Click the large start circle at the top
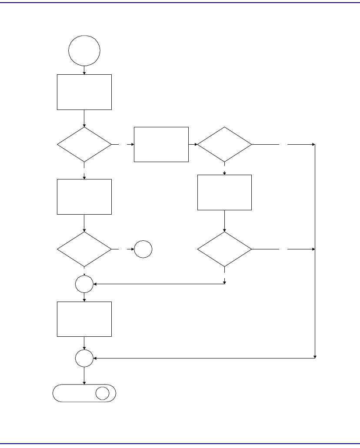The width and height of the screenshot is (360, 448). [84, 50]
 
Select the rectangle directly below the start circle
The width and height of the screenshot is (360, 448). [84, 92]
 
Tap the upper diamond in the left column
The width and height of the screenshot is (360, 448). [84, 144]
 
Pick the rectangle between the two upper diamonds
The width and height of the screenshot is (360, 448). [161, 144]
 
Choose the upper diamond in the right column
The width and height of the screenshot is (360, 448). [224, 144]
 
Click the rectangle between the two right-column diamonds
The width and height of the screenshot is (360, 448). [224, 192]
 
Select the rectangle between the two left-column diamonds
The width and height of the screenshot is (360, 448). [84, 196]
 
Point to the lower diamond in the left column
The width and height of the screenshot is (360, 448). [84, 249]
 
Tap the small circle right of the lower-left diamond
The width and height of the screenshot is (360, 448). [143, 249]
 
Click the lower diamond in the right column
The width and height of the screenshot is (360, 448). [224, 249]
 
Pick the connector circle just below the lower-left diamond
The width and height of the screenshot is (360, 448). [84, 284]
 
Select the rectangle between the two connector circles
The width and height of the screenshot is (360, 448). [84, 319]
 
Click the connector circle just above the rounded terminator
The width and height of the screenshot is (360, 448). [84, 358]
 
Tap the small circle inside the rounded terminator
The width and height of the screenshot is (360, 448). [103, 393]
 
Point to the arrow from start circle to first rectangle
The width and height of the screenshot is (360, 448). [84, 70]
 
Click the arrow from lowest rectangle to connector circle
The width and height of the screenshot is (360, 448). [84, 343]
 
